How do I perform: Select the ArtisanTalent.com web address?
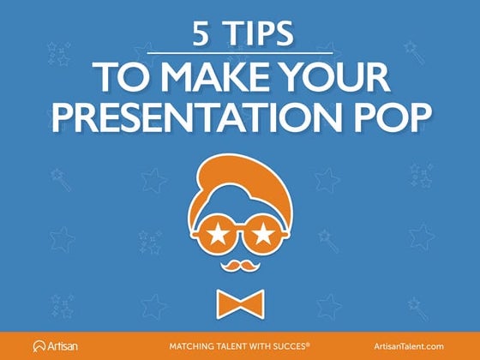coord(410,345)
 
